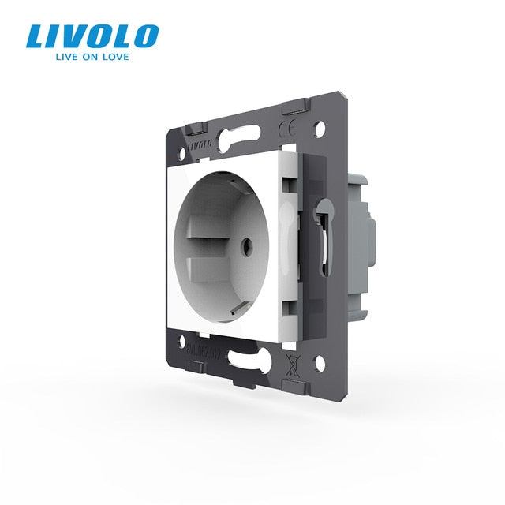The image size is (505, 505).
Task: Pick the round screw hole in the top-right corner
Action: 321,125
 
